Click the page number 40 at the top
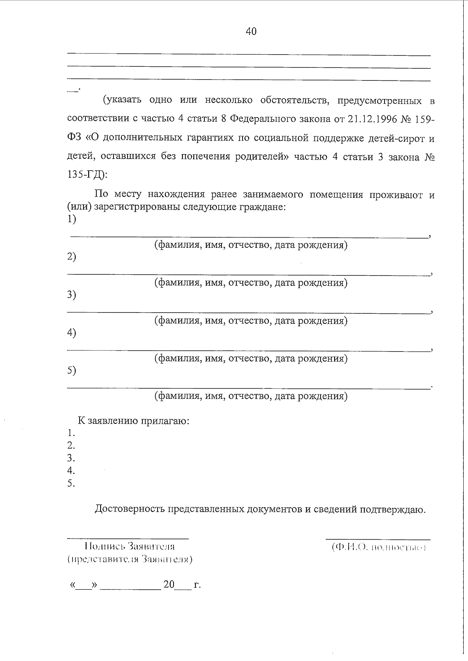click(x=251, y=32)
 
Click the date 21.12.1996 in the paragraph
click(x=370, y=119)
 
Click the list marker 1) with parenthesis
click(x=71, y=219)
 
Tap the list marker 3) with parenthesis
click(x=71, y=295)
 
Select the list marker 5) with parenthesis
click(x=71, y=371)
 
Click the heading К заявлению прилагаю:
click(x=133, y=421)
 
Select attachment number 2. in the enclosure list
click(x=71, y=446)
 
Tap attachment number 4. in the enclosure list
click(x=71, y=471)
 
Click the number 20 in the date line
click(x=169, y=585)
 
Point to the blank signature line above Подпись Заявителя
click(x=128, y=539)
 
